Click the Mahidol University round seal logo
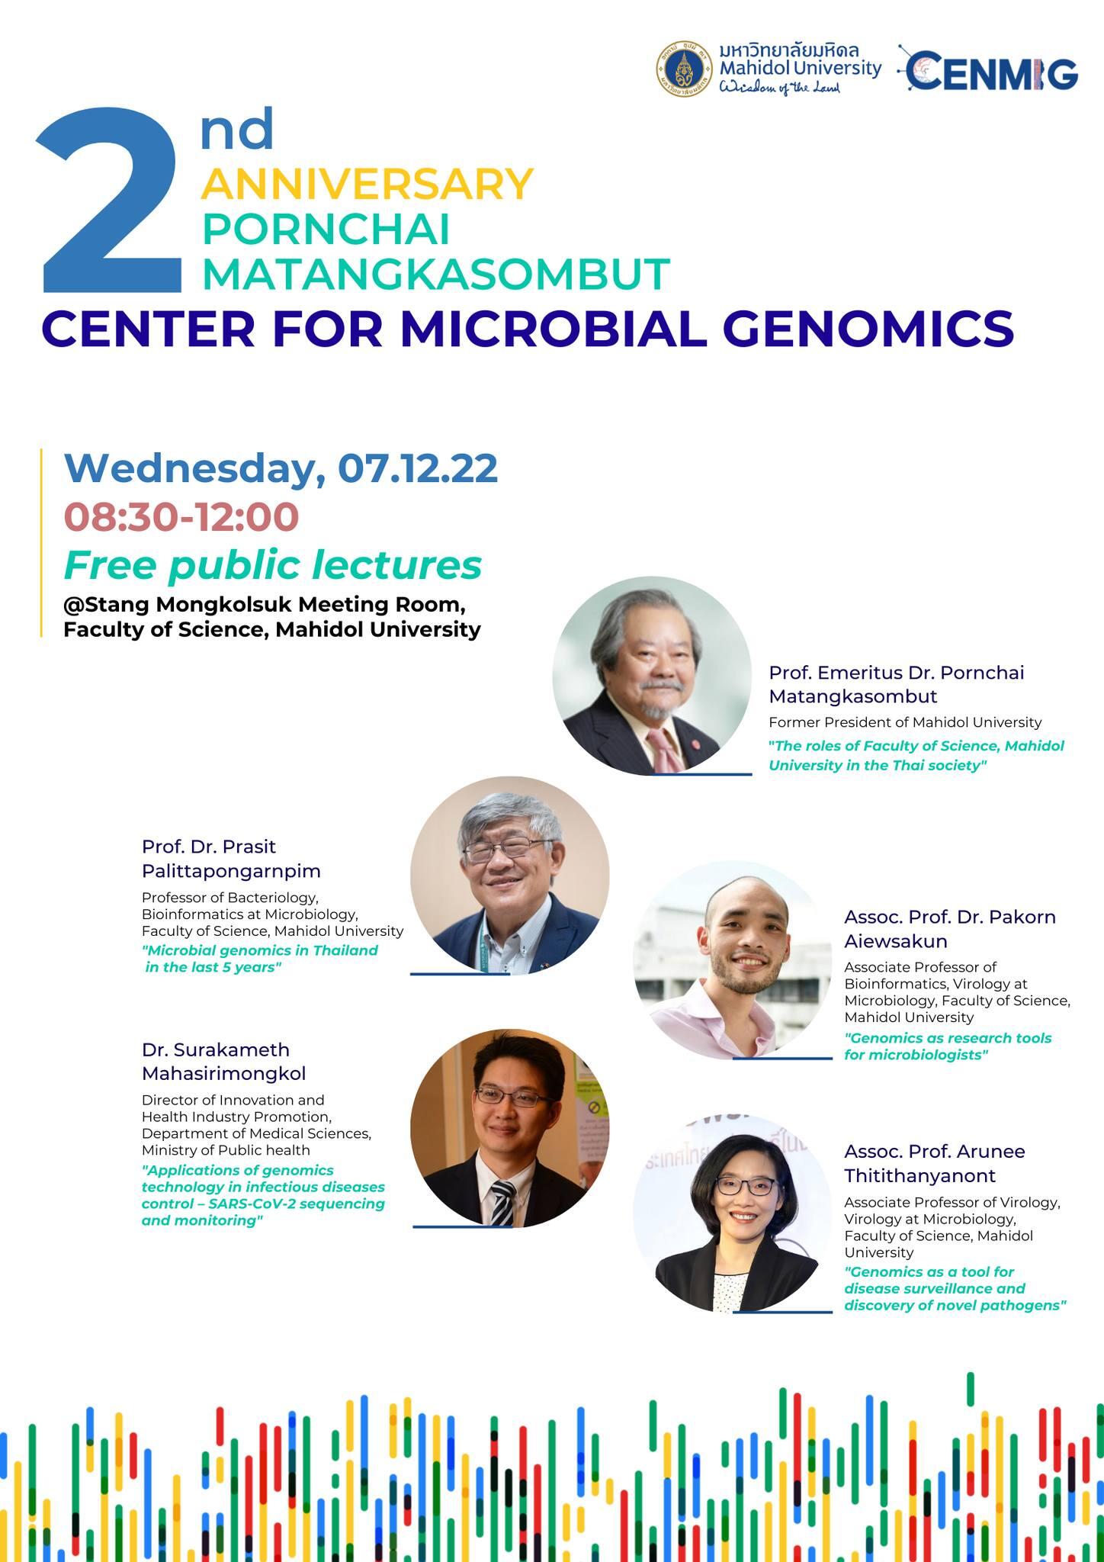pos(685,69)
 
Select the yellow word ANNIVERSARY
pos(367,183)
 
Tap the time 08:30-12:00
pos(181,516)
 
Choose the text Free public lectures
pos(273,565)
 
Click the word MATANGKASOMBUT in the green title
pos(435,274)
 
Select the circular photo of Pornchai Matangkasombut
pos(652,676)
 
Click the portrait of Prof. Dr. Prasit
pos(510,876)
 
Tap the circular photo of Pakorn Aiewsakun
pos(733,960)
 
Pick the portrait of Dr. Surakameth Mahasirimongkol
pos(510,1128)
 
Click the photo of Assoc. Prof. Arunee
pos(733,1213)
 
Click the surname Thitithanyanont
pos(919,1175)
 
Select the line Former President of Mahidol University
pos(905,722)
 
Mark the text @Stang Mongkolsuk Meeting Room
pos(265,604)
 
